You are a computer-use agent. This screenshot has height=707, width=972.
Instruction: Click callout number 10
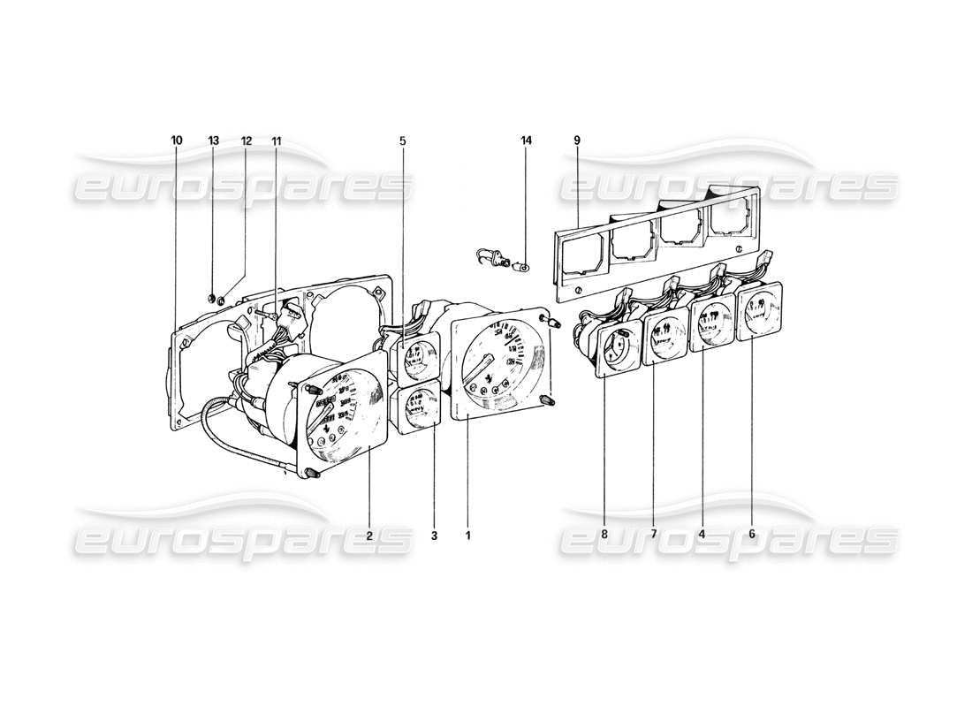[177, 141]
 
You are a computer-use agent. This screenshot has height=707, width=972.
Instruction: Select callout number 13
[214, 141]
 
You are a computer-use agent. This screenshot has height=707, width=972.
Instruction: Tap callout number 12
[246, 141]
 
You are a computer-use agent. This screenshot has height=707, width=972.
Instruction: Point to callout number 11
[277, 141]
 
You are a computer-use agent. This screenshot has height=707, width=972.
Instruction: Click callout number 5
[402, 141]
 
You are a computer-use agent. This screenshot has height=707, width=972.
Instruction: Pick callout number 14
[527, 141]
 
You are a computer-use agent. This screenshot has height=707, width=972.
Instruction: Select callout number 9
[576, 141]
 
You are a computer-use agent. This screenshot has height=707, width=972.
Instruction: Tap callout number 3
[435, 535]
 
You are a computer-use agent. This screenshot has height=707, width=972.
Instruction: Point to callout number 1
[468, 535]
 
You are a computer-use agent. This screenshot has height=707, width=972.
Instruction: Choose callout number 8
[604, 535]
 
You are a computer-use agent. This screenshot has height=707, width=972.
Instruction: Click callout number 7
[654, 535]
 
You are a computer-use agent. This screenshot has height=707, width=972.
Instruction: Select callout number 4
[702, 535]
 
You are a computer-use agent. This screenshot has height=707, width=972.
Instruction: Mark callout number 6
[751, 535]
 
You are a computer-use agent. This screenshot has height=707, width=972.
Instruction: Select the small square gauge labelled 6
[760, 312]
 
